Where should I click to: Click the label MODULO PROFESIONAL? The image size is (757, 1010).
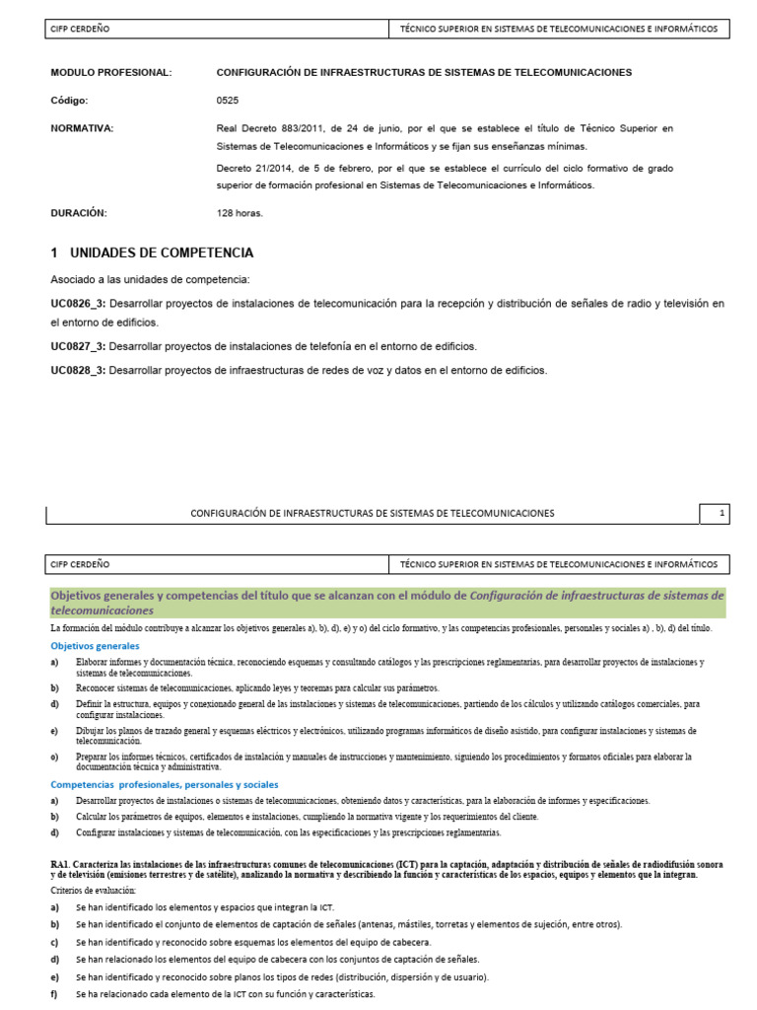coord(110,73)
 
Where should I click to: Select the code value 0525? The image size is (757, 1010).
coord(227,101)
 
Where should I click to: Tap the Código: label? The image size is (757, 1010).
coord(69,101)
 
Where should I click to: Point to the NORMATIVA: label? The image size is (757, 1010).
coord(82,128)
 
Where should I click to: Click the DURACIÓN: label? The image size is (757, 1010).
coord(79,212)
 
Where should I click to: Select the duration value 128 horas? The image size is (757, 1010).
coord(240,212)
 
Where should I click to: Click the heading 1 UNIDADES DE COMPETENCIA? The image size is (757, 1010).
coord(152,252)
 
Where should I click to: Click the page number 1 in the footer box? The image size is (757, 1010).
coord(722,513)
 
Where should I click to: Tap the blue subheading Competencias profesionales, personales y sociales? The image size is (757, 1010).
coord(150,784)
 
